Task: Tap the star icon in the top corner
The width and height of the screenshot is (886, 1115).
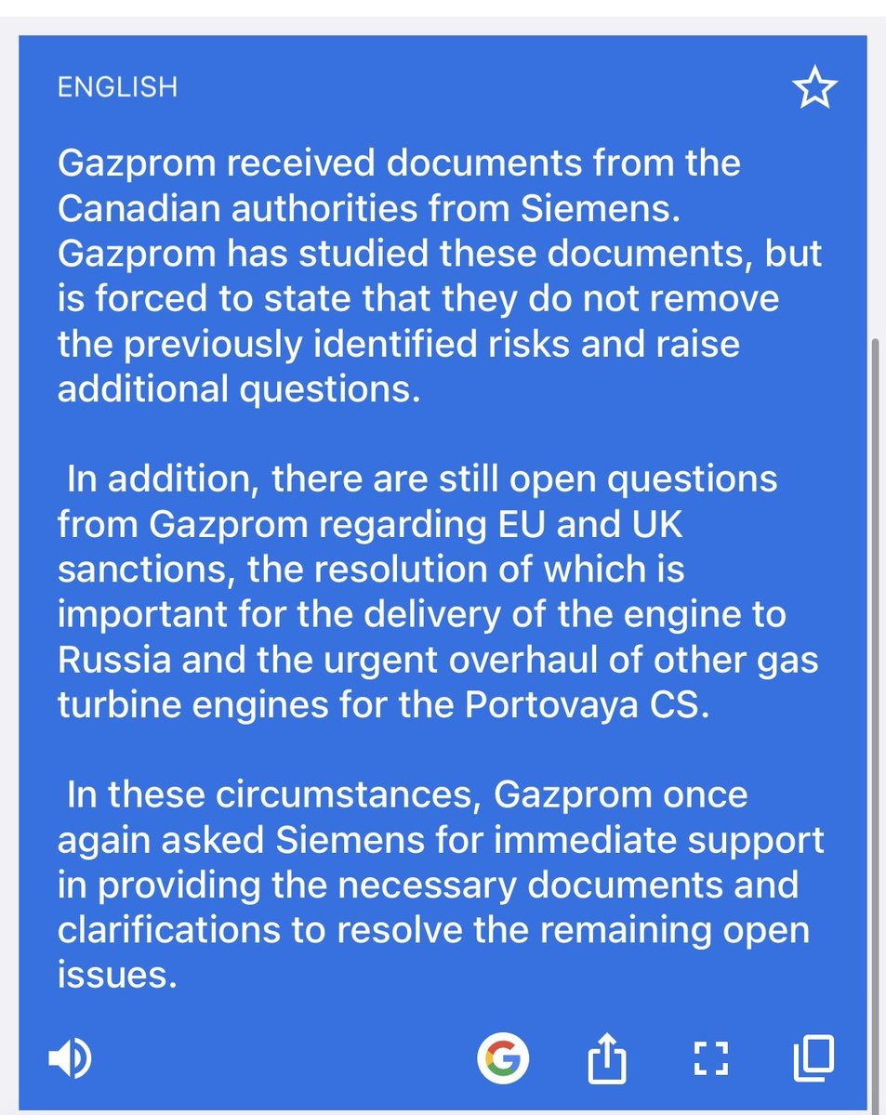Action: tap(814, 89)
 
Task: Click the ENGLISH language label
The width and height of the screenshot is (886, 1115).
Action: tap(117, 87)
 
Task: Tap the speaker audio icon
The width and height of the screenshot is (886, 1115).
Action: tap(70, 1058)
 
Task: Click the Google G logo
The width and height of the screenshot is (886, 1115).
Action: tap(503, 1057)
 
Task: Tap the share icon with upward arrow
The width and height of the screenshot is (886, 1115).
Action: tap(608, 1057)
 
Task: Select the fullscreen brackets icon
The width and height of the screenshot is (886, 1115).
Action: tap(711, 1058)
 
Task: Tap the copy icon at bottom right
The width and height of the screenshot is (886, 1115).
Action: tap(813, 1057)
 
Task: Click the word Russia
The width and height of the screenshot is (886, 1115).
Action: tap(114, 659)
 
